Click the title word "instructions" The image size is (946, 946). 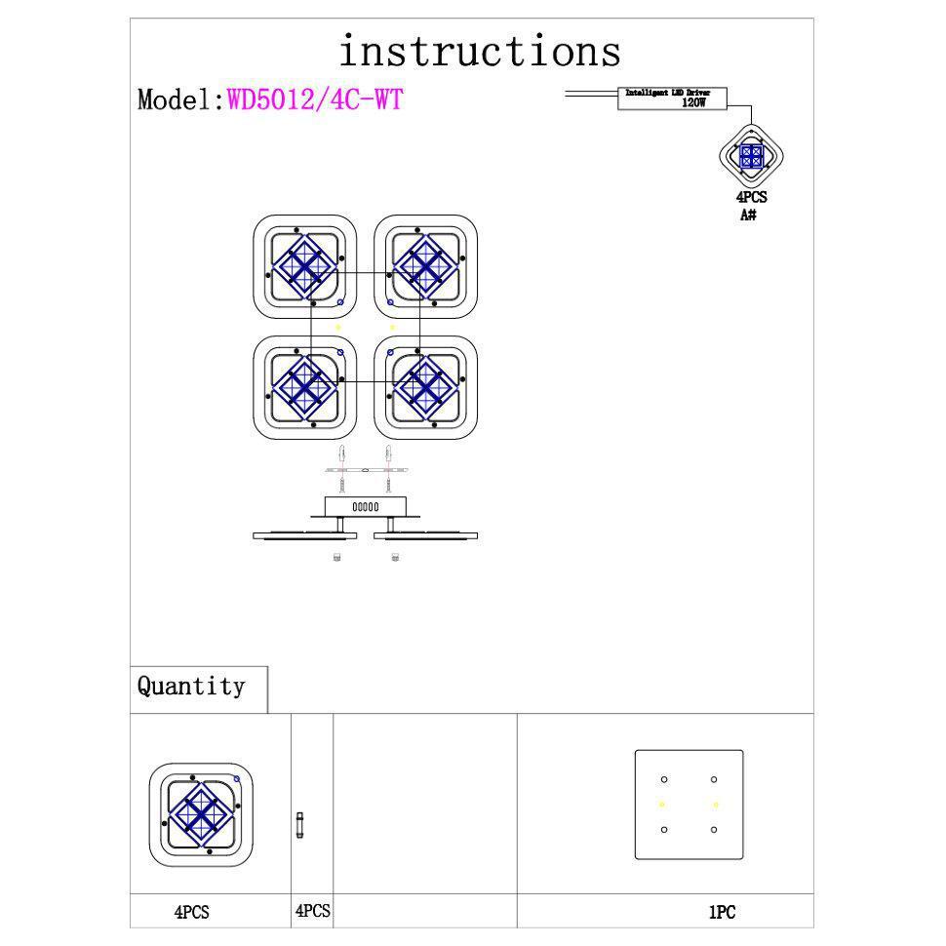click(479, 51)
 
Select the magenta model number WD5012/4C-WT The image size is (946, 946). click(314, 99)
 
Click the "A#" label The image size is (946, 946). click(749, 215)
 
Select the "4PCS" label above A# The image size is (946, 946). click(751, 198)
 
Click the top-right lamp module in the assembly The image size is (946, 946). click(425, 265)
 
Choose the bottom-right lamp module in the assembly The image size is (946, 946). click(425, 385)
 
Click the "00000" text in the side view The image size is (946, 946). click(366, 507)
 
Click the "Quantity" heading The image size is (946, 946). click(191, 687)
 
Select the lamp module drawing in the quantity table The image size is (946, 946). click(201, 814)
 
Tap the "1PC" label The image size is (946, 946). click(722, 913)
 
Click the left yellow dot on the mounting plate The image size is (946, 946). click(662, 805)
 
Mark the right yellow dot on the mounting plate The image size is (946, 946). click(716, 805)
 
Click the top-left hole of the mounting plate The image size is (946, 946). click(663, 779)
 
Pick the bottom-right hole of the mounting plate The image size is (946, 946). click(714, 830)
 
